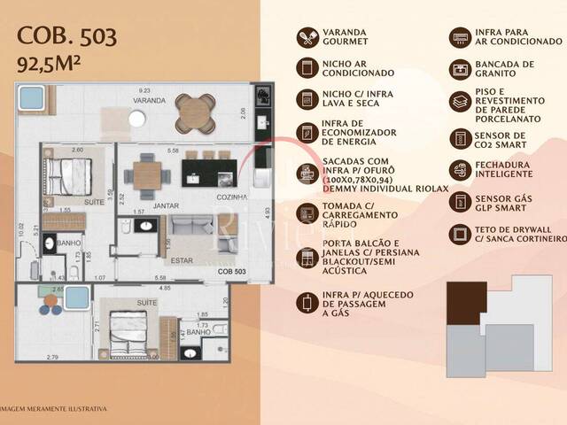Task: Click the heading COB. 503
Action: tap(66, 37)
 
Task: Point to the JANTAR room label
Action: tap(167, 205)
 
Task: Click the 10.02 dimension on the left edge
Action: tap(20, 231)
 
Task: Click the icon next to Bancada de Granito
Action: tap(461, 69)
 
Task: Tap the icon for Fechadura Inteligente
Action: tap(461, 169)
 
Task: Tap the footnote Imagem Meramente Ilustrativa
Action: tap(55, 408)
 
